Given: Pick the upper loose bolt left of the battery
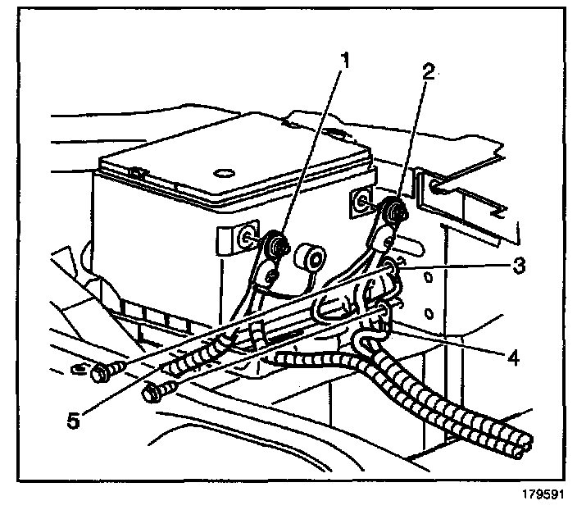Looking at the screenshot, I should tap(102, 374).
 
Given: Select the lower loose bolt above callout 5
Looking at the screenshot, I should tap(153, 394).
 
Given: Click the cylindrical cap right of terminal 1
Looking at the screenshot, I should tap(311, 256).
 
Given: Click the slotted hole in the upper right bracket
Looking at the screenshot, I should tap(435, 188).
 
